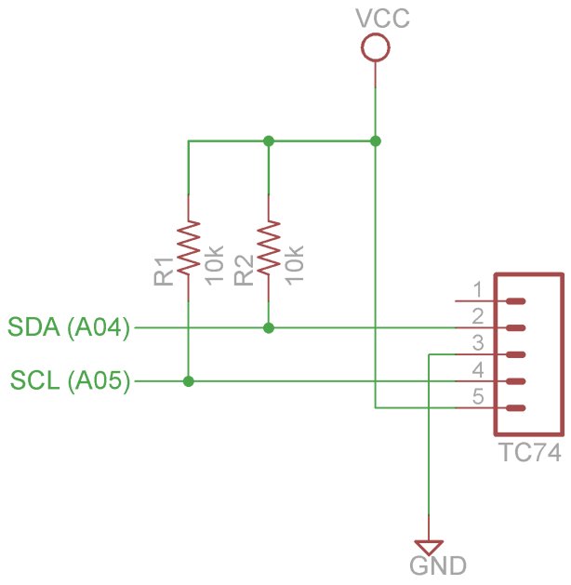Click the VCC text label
[x=382, y=19]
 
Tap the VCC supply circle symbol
[x=376, y=47]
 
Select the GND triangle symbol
[x=429, y=547]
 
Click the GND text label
[x=438, y=565]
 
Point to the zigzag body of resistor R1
[x=189, y=247]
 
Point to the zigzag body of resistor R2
[x=269, y=247]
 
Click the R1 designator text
[x=164, y=272]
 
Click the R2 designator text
[x=244, y=271]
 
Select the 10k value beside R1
[x=215, y=265]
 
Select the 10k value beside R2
[x=295, y=265]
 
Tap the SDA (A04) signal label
[x=69, y=327]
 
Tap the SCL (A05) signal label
[x=70, y=380]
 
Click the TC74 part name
[x=529, y=452]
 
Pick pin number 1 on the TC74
[x=478, y=289]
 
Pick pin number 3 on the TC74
[x=478, y=343]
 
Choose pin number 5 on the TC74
[x=478, y=396]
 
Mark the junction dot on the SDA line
[x=269, y=328]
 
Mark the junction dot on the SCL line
[x=189, y=381]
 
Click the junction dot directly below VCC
[x=376, y=141]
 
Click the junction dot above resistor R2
[x=269, y=141]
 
